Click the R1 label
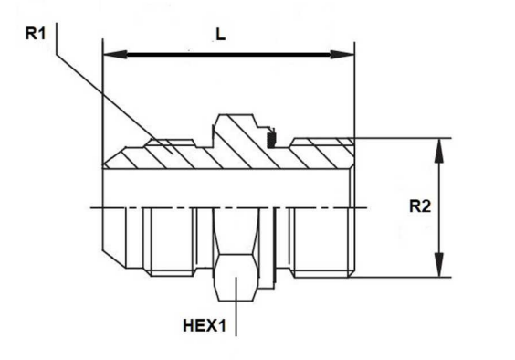point(36,34)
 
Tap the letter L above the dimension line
point(221,34)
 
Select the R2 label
point(420,206)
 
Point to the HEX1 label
point(205,326)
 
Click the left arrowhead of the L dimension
point(115,54)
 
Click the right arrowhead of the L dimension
point(342,54)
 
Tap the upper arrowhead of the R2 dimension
point(439,151)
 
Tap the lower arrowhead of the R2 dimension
point(439,265)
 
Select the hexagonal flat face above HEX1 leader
point(236,278)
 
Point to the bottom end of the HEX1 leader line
point(236,336)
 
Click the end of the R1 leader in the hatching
point(172,154)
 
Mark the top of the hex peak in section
point(236,115)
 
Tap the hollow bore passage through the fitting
point(226,188)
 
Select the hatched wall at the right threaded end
point(321,154)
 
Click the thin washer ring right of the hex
point(274,249)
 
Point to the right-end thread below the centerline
point(321,243)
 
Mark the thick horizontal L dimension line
point(228,54)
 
